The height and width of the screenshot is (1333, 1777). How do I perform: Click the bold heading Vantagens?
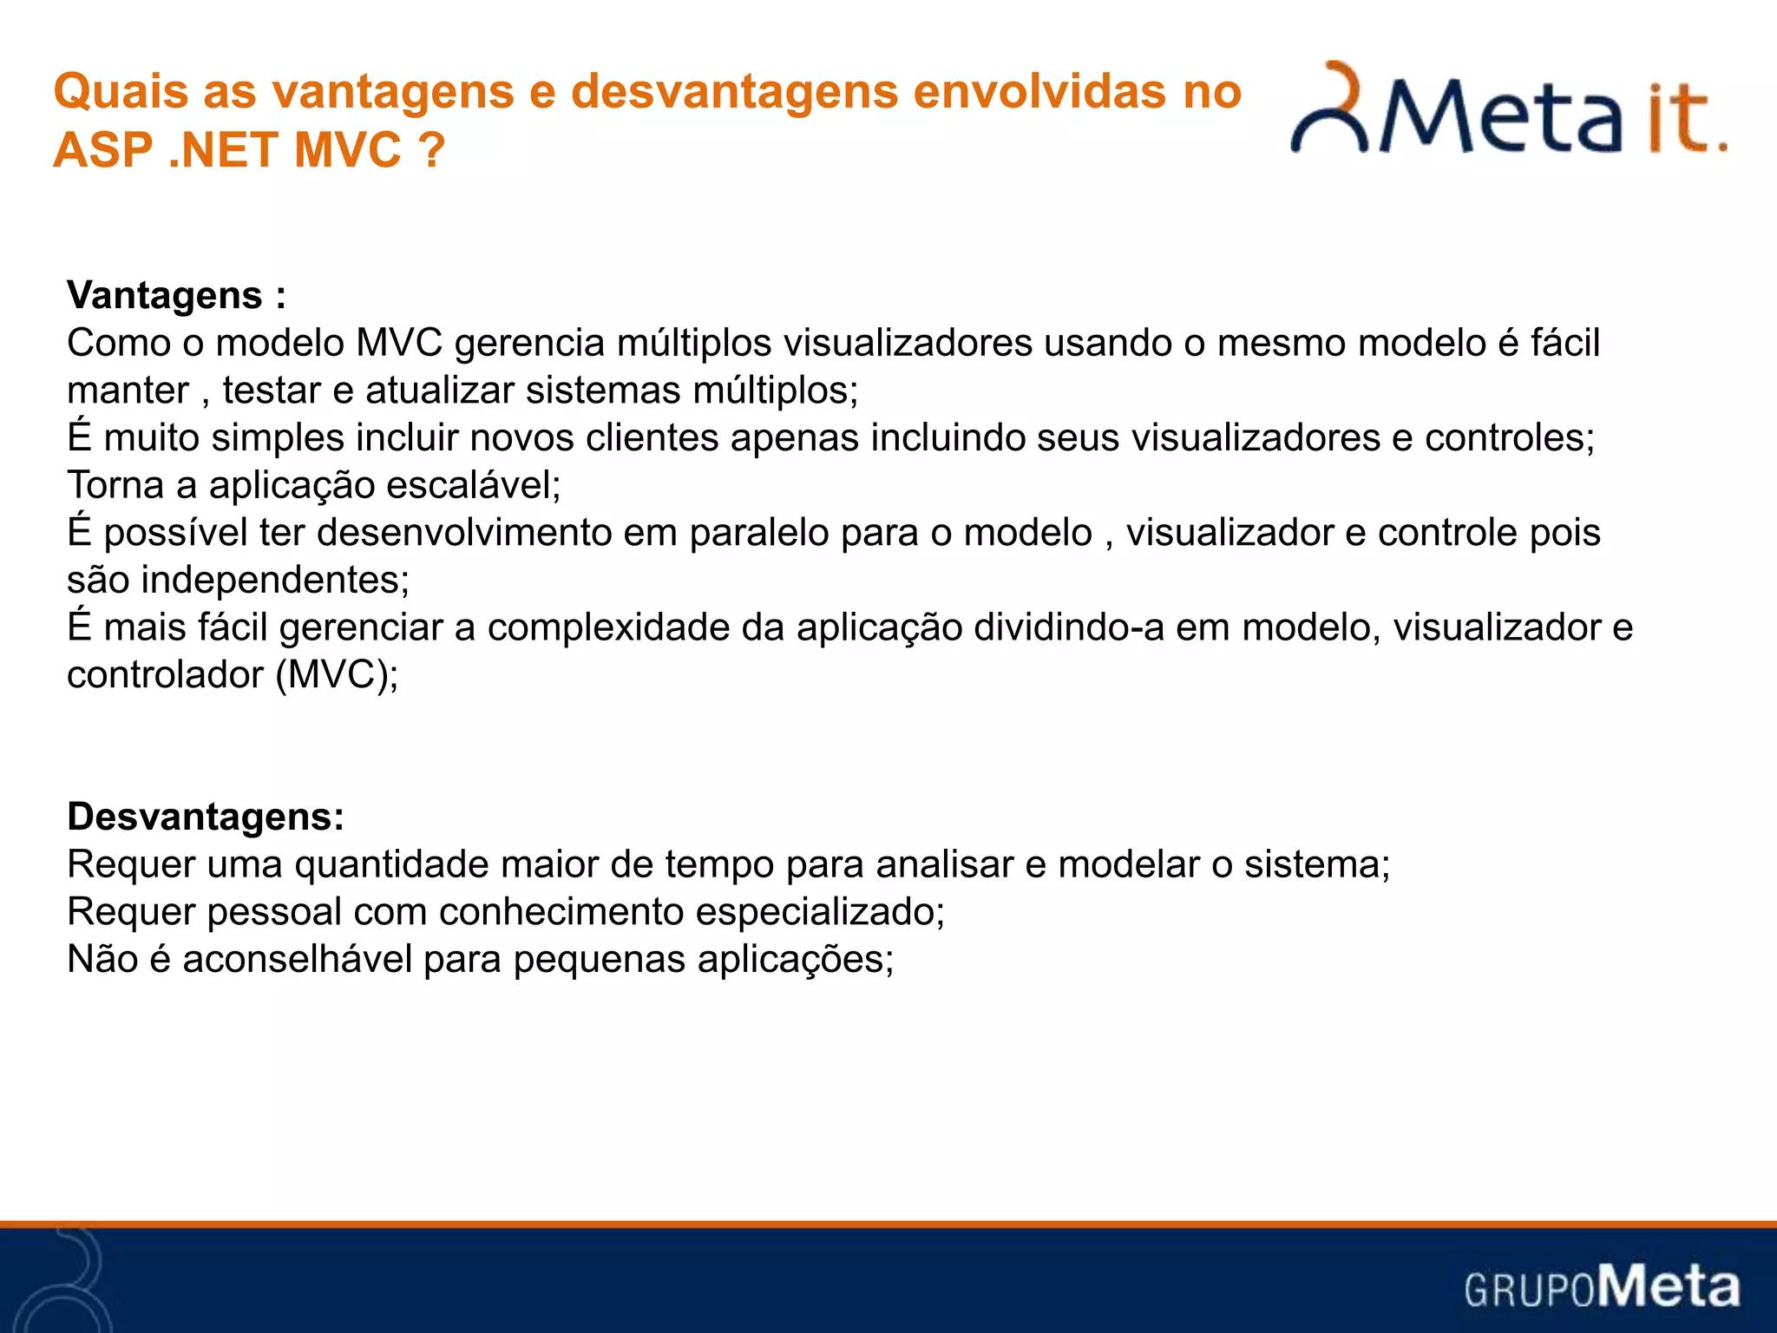164,296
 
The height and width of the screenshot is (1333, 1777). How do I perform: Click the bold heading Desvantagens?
205,817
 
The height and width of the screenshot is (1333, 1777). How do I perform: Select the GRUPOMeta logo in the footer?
1602,1287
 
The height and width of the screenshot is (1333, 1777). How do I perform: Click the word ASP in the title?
102,150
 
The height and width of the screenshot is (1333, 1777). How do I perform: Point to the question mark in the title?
431,150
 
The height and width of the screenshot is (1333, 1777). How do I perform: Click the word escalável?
473,485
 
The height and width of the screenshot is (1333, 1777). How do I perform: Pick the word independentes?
274,580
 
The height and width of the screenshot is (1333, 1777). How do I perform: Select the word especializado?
819,912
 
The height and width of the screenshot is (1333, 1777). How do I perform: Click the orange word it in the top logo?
1678,121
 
